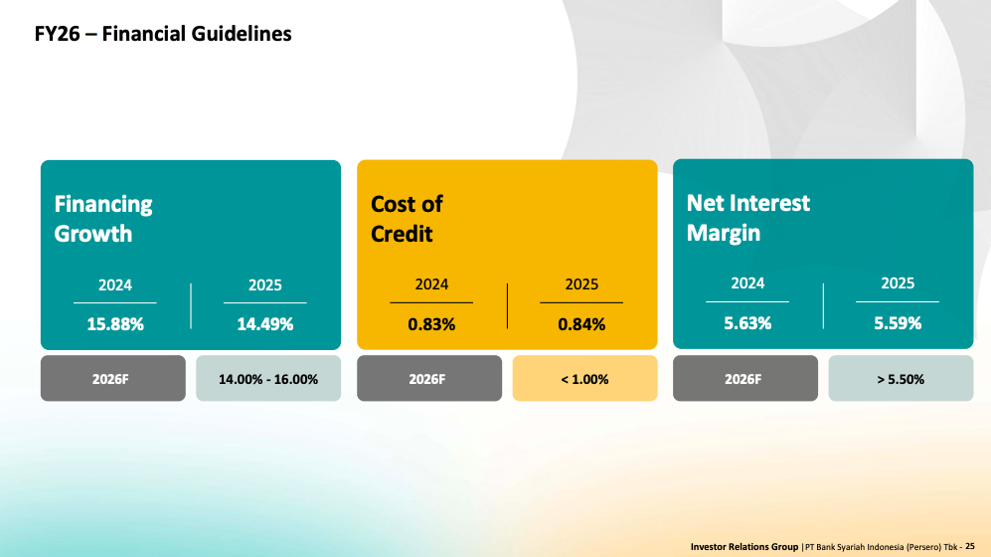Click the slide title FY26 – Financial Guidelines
click(163, 34)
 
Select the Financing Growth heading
click(103, 219)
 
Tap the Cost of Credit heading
click(407, 219)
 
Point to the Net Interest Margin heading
click(747, 218)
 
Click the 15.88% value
click(115, 324)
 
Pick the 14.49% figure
click(264, 324)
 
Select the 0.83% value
click(431, 324)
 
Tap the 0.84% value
click(581, 324)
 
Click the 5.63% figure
click(747, 323)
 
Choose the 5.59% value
click(898, 323)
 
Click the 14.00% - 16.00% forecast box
click(268, 379)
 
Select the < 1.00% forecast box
click(584, 379)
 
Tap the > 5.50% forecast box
click(901, 379)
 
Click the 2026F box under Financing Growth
click(113, 379)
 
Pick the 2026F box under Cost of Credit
click(429, 379)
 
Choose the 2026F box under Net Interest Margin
click(745, 379)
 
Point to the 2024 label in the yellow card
click(431, 284)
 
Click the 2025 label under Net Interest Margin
click(898, 283)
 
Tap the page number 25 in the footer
click(970, 546)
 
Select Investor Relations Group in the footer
click(744, 546)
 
